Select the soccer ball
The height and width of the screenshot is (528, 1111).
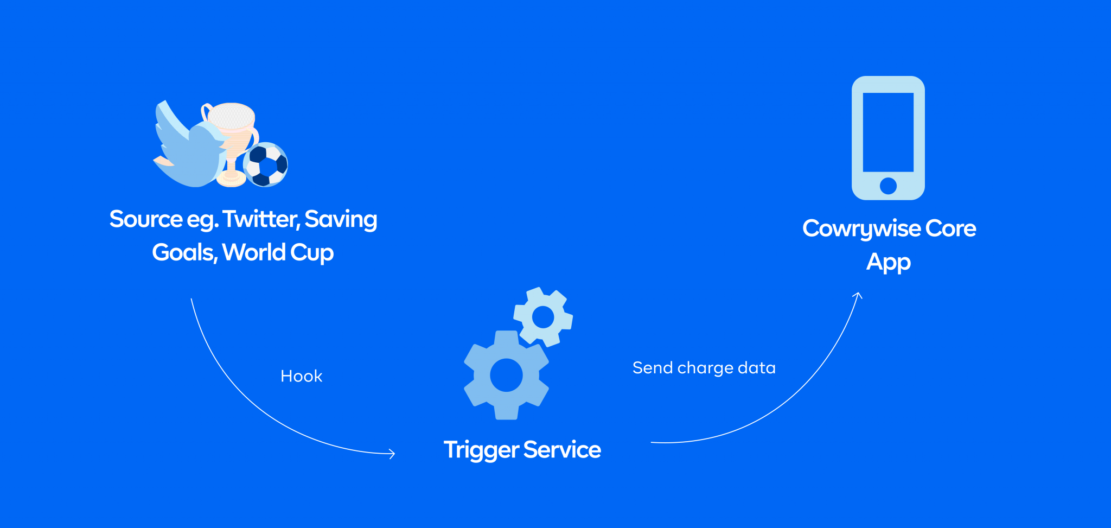click(x=266, y=164)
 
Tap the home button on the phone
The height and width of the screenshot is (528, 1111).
click(x=888, y=186)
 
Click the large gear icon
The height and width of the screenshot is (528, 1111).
click(x=506, y=375)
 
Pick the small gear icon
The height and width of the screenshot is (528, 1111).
click(x=543, y=317)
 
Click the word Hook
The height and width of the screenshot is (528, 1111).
click(x=301, y=376)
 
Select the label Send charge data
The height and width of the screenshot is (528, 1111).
click(x=704, y=368)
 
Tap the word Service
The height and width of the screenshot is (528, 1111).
click(x=562, y=450)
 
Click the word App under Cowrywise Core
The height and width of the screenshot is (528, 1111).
click(x=888, y=263)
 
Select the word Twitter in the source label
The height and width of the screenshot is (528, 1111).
click(x=260, y=219)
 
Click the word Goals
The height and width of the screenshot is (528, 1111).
click(x=184, y=252)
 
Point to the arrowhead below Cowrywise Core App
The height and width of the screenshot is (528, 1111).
click(x=858, y=295)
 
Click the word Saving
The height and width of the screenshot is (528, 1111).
click(x=341, y=220)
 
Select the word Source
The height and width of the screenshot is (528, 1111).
click(x=146, y=219)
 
